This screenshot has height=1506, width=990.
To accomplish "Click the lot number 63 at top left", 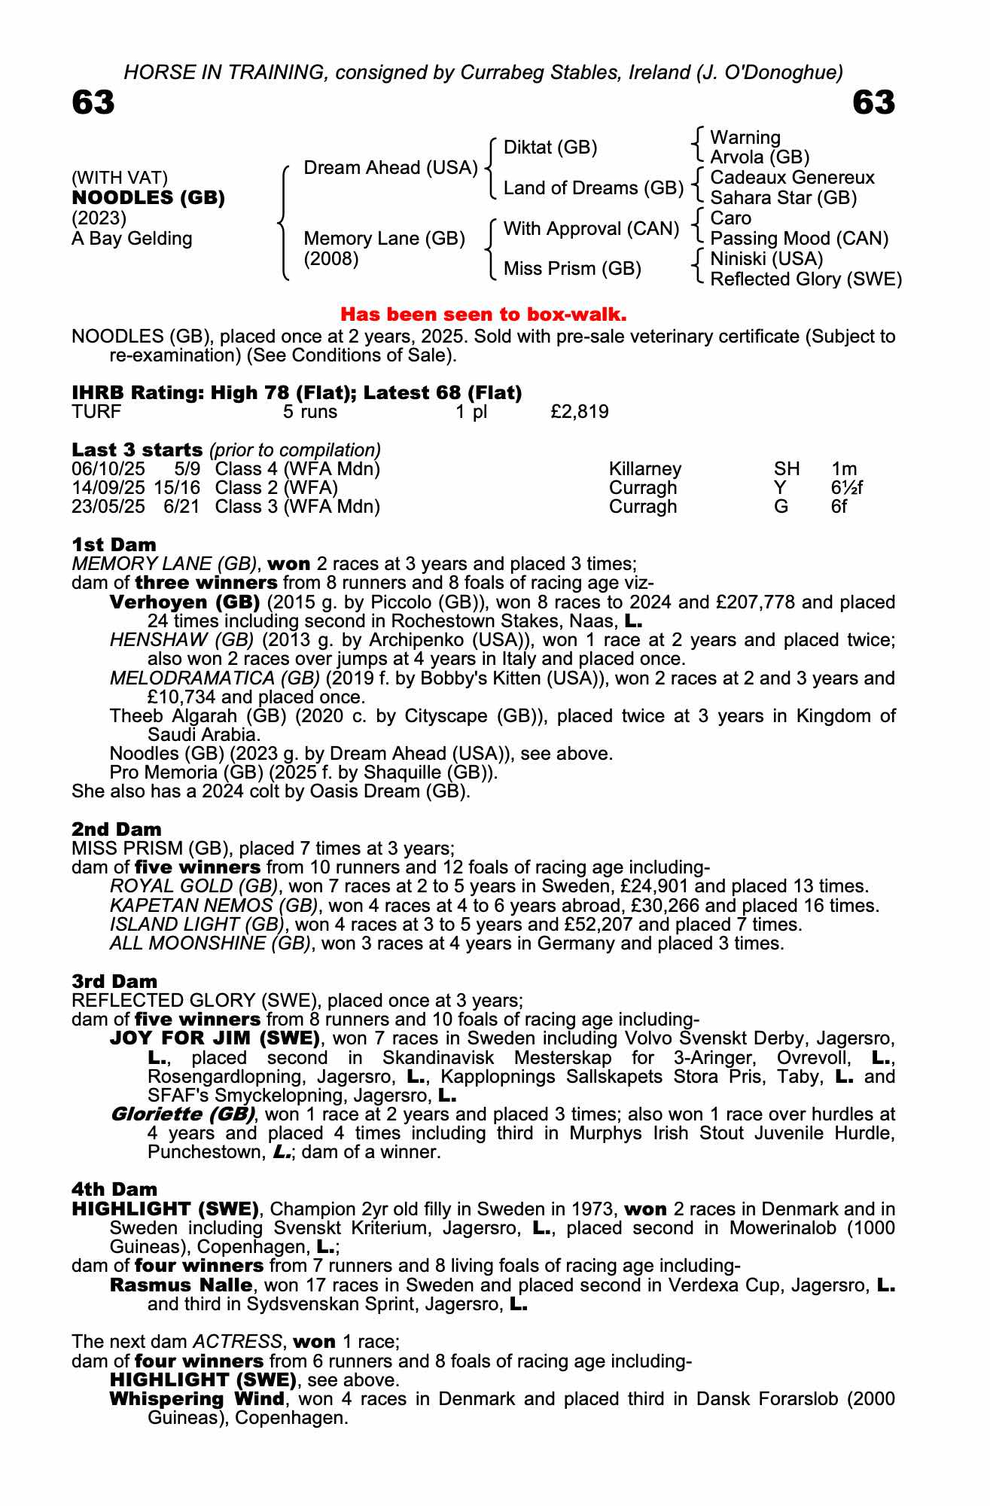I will point(93,102).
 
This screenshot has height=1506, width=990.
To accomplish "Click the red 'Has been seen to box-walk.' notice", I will point(483,313).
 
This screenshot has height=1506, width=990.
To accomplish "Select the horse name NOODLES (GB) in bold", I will point(148,198).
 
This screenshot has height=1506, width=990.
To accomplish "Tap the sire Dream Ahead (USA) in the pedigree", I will point(391,168).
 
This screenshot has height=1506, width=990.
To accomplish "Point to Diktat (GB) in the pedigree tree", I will point(550,148).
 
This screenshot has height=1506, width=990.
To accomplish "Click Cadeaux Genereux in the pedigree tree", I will point(792,178).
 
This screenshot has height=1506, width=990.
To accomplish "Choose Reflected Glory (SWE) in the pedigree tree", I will point(806,279).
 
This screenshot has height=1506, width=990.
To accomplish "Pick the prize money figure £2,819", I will point(580,412).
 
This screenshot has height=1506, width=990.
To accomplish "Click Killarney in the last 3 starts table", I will point(644,469).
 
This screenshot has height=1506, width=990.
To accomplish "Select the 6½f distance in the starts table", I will point(846,488).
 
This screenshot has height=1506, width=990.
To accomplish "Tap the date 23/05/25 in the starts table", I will point(108,507).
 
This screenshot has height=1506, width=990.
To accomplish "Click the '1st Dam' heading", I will point(114,544).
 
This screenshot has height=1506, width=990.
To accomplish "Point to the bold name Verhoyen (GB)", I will point(184,602).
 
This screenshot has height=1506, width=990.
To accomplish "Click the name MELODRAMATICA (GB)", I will point(215,678).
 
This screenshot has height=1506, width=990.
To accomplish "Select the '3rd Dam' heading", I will point(114,981).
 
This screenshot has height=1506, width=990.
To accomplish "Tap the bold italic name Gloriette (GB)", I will point(182,1114).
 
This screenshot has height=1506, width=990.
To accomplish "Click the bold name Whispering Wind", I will point(196,1399).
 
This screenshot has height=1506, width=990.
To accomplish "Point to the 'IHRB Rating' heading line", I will point(297,392).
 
